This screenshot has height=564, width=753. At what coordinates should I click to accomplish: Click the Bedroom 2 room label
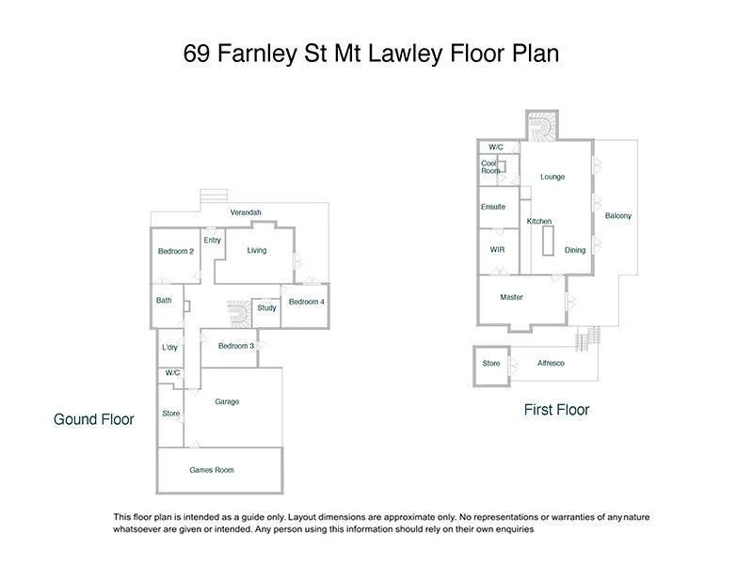tap(176, 251)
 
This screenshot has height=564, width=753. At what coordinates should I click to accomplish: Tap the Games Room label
tap(211, 470)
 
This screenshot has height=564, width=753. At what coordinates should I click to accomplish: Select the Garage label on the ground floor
tap(227, 401)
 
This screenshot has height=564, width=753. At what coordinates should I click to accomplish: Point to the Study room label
tap(266, 308)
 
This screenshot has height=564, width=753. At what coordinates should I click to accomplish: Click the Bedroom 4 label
tap(306, 302)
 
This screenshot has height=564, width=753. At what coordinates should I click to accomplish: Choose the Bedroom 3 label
tap(236, 346)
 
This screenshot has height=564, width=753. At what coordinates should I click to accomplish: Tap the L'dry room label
tap(169, 348)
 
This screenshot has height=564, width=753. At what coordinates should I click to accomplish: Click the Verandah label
tap(246, 213)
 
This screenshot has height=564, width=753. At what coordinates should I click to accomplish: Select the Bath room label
tap(164, 301)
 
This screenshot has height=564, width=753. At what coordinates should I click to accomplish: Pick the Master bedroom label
tap(511, 298)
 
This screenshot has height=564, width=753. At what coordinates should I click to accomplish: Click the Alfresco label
tap(551, 364)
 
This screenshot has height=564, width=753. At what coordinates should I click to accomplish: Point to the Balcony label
tap(618, 216)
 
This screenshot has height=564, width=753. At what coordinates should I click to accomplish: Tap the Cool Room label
tap(490, 167)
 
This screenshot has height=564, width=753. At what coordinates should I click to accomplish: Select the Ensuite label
tap(493, 207)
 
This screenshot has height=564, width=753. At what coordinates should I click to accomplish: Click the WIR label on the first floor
tap(498, 250)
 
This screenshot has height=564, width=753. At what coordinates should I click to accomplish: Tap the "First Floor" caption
tap(556, 410)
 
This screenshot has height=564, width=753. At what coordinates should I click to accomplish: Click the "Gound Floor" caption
tap(94, 419)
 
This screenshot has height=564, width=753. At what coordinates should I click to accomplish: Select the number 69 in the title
tap(197, 54)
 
